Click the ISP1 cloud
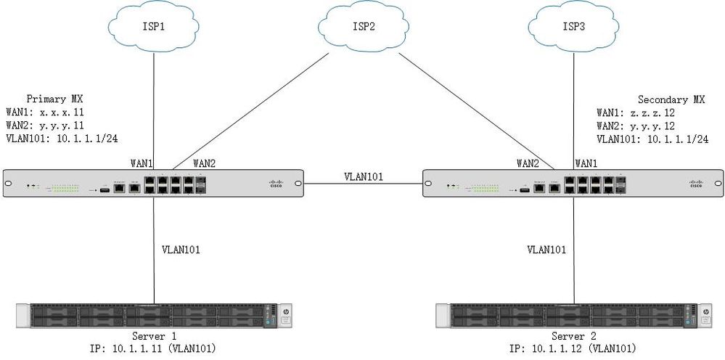pyautogui.click(x=153, y=28)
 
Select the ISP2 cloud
pyautogui.click(x=364, y=28)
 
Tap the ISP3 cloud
pyautogui.click(x=574, y=28)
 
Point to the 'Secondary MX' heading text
pyautogui.click(x=671, y=99)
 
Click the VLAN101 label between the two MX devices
pyautogui.click(x=363, y=176)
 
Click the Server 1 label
pyautogui.click(x=155, y=336)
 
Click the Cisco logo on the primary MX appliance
pyautogui.click(x=275, y=184)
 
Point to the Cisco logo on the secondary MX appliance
pyautogui.click(x=695, y=184)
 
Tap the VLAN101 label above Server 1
pyautogui.click(x=181, y=250)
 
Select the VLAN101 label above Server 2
pyautogui.click(x=546, y=250)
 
